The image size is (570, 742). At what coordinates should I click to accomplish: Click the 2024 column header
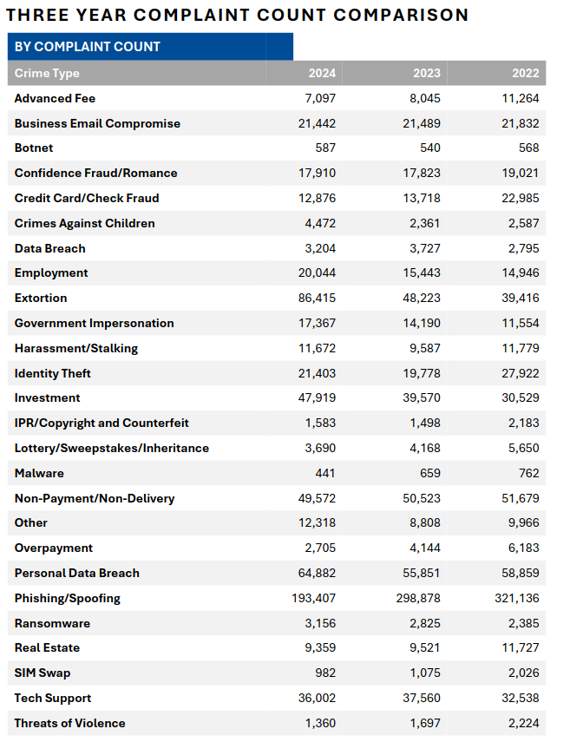pos(322,73)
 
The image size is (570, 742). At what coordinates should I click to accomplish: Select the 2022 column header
pos(526,73)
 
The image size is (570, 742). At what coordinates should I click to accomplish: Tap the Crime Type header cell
pos(47,74)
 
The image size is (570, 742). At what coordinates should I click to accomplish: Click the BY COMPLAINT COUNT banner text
pos(88,46)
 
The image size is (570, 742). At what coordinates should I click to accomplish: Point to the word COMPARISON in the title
pos(401,15)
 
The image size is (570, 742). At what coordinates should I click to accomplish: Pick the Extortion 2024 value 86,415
pos(317,299)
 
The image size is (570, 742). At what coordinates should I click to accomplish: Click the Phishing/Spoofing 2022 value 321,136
pos(517,598)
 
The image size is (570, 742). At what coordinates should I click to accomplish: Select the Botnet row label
pos(34,148)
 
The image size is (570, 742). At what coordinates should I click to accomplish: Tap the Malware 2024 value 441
pos(325,473)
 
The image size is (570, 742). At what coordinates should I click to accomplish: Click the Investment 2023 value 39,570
pos(422,398)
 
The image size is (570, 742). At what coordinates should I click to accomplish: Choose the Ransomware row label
pos(52,623)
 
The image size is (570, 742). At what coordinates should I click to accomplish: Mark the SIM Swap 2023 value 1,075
pos(425,673)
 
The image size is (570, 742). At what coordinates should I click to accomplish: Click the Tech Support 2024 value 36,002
pos(317,698)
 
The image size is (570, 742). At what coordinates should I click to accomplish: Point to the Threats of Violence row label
pos(69,723)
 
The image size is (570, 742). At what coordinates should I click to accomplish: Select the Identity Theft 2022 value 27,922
pos(521,373)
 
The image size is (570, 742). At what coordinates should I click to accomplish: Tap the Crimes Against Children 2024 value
pos(320,223)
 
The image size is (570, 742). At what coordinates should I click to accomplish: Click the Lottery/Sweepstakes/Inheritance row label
pos(112,448)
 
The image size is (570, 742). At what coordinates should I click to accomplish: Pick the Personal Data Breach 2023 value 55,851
pos(422,573)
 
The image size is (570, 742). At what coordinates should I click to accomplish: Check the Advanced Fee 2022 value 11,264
pos(521,98)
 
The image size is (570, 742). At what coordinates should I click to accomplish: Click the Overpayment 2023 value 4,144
pos(425,548)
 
